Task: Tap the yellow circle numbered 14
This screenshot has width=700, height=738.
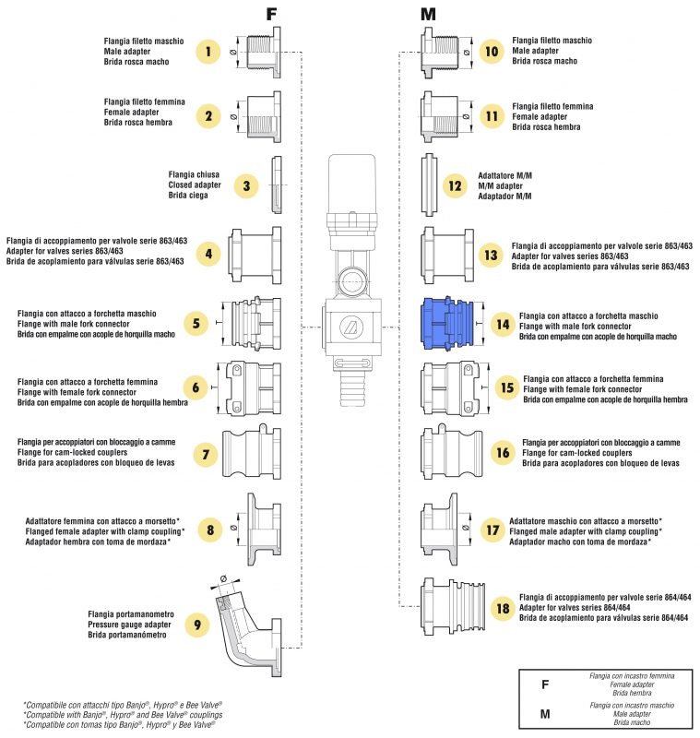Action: [502, 325]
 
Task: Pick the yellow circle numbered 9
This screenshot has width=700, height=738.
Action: [196, 624]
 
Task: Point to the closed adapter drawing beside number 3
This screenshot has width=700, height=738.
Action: [276, 184]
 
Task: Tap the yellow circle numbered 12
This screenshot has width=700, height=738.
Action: [454, 185]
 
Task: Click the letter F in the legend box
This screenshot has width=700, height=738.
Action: [545, 685]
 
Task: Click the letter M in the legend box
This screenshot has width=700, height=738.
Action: [545, 713]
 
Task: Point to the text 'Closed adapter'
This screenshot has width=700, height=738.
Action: [194, 184]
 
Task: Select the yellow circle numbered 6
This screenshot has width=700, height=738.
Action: [196, 389]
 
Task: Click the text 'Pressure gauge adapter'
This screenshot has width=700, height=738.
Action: [134, 624]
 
